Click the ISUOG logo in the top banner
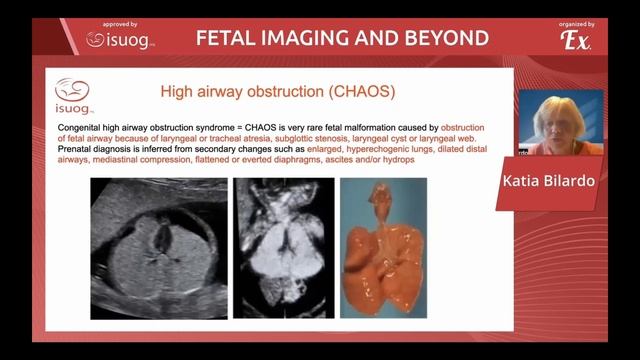[118, 40]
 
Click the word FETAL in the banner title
[225, 39]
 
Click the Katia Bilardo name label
[566, 181]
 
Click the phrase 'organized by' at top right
[575, 21]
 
